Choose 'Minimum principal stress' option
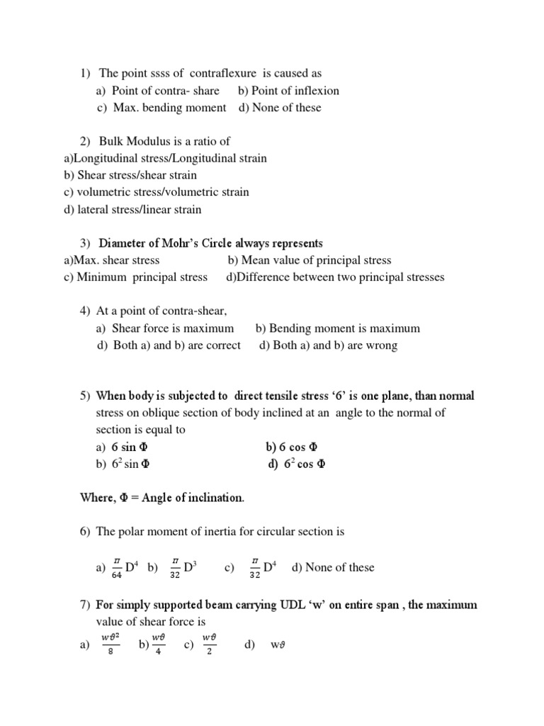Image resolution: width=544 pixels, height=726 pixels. (x=142, y=277)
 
